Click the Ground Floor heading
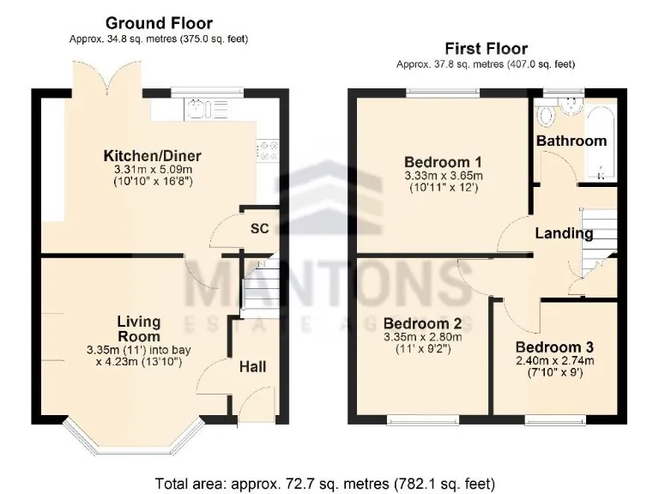(158, 23)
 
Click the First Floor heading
(485, 48)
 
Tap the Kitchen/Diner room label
(152, 155)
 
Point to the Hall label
(252, 366)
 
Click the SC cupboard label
(259, 229)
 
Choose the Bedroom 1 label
(443, 161)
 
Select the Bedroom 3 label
(554, 347)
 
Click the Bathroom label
(571, 141)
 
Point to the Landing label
(564, 233)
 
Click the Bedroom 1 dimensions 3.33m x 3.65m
(443, 177)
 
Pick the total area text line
(325, 483)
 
